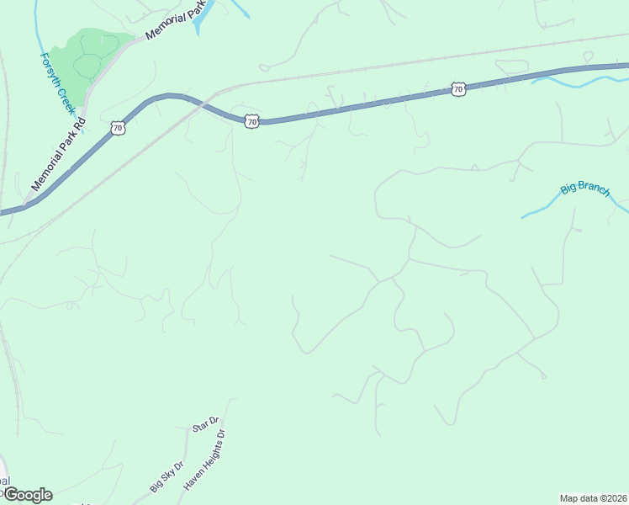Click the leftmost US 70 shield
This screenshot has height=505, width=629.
[x=118, y=128]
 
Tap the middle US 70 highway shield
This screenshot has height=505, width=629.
[x=251, y=121]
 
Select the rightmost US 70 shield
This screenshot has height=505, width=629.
[x=457, y=88]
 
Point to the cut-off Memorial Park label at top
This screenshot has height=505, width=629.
[x=176, y=23]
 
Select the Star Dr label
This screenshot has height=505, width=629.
[x=206, y=424]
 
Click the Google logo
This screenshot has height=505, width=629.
[x=27, y=495]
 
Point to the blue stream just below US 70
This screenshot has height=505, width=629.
[x=580, y=80]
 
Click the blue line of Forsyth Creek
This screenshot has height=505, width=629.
[x=40, y=34]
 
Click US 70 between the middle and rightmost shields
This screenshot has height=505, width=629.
[x=353, y=107]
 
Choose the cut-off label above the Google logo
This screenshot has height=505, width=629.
[x=4, y=481]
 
